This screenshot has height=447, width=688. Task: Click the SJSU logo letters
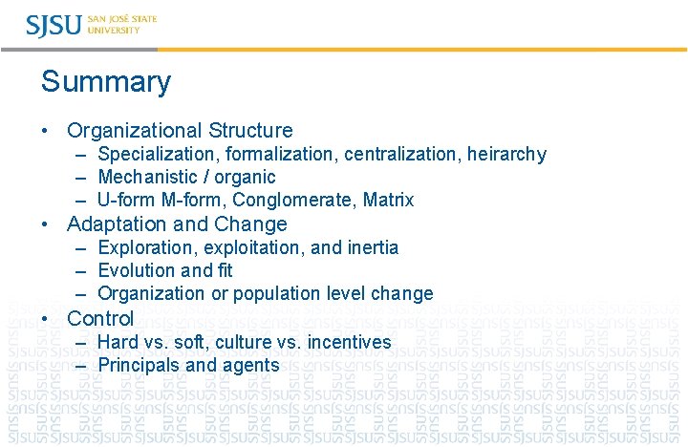(54, 25)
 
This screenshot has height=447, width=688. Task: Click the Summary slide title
(105, 82)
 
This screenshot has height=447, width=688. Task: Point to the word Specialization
(154, 154)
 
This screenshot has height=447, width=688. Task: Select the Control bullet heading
(100, 318)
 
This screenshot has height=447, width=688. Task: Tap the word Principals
(139, 365)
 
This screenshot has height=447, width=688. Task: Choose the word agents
(251, 366)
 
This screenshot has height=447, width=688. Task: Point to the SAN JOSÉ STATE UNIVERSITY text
(121, 25)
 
